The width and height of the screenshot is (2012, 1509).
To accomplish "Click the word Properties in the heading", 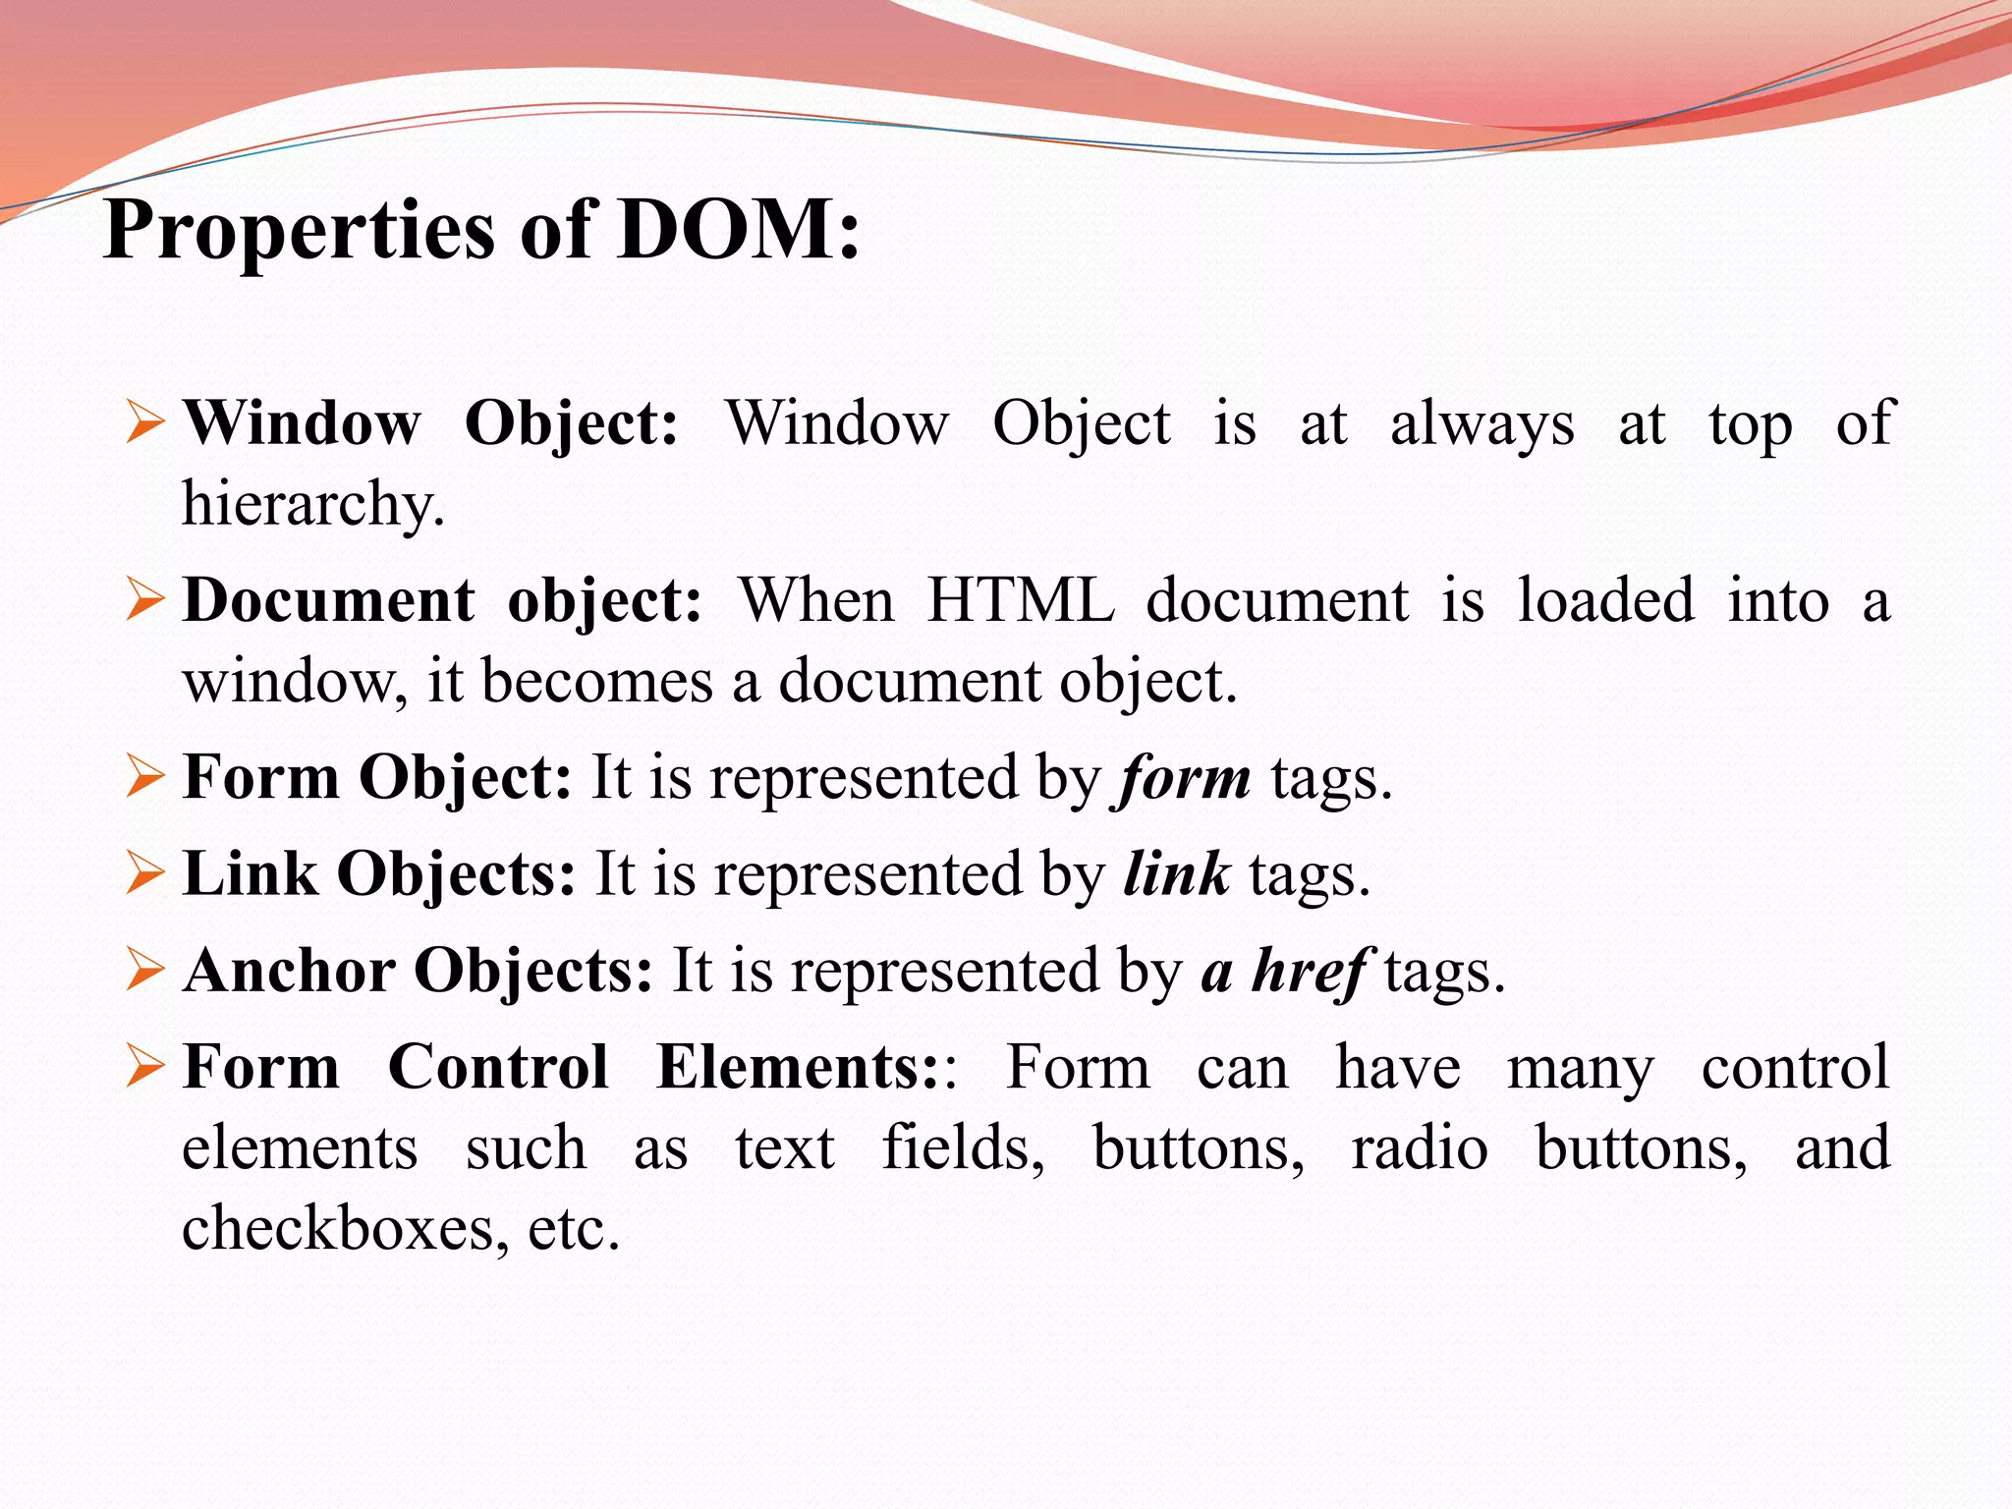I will (299, 232).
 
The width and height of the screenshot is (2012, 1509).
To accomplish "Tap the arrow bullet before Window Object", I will (145, 423).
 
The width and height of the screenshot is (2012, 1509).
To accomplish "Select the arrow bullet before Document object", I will (145, 600).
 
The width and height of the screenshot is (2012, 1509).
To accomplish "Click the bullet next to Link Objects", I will (145, 873).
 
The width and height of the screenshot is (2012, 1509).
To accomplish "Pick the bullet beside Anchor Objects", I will (145, 971).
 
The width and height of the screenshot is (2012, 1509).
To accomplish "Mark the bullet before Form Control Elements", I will (145, 1067).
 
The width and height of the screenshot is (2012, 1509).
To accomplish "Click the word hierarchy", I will (312, 504).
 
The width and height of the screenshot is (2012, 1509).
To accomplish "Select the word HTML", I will (1021, 600).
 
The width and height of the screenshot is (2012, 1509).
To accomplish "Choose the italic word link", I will (1176, 873).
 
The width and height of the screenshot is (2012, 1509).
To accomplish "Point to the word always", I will (1481, 425).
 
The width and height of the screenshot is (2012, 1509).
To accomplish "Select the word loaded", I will (1605, 600).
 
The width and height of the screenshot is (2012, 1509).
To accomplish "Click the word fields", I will (963, 1147).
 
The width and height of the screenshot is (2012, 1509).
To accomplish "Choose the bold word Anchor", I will (289, 971).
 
